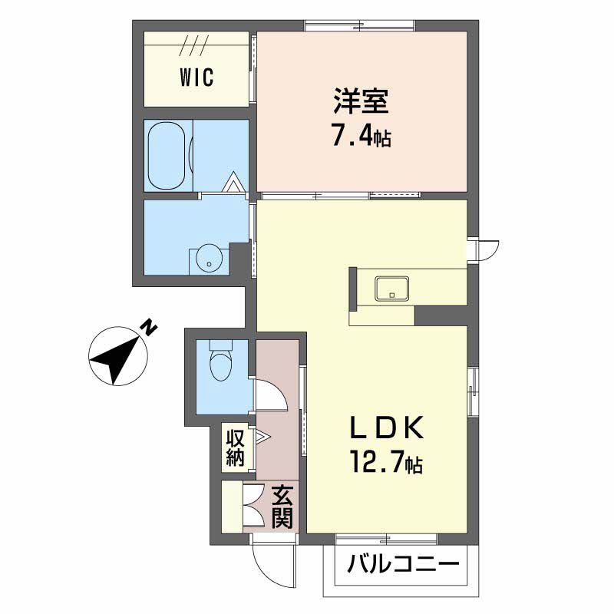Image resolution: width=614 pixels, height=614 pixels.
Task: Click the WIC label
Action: pyautogui.click(x=197, y=78)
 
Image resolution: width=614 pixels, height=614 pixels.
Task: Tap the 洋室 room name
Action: pyautogui.click(x=361, y=101)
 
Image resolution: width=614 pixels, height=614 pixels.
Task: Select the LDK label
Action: pyautogui.click(x=387, y=427)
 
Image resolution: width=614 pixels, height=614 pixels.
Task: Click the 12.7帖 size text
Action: pyautogui.click(x=386, y=463)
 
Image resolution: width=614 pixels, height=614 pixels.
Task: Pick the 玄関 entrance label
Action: pyautogui.click(x=282, y=507)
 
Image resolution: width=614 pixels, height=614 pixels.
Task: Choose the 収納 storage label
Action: pyautogui.click(x=236, y=447)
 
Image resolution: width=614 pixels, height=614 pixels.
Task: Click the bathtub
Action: pyautogui.click(x=167, y=157)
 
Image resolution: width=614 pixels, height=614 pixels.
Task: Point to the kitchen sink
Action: pyautogui.click(x=392, y=289)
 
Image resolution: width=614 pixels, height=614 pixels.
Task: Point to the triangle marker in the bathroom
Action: pyautogui.click(x=233, y=182)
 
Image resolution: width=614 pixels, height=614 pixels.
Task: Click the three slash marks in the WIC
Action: pyautogui.click(x=195, y=45)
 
